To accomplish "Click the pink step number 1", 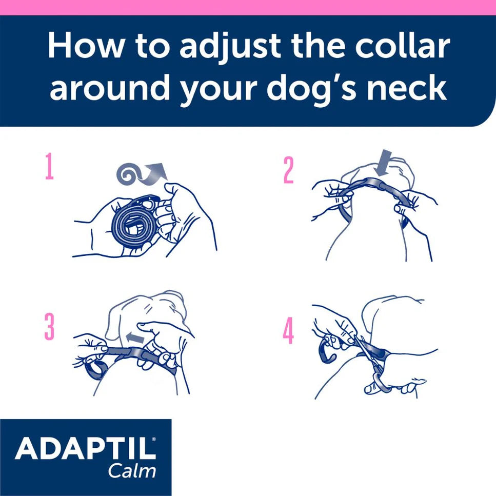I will pos(49,168).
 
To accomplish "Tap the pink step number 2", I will pos(289,171).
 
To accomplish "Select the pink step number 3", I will pos(49,327).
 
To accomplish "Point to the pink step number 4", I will pos(289,332).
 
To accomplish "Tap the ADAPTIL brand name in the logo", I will pos(85,449).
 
